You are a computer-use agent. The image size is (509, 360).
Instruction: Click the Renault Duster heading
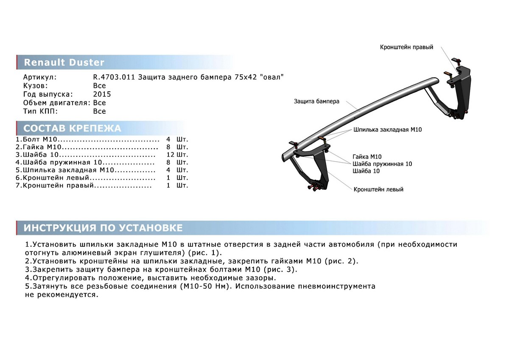[x=64, y=63]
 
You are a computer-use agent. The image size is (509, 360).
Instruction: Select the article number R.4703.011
[x=114, y=77]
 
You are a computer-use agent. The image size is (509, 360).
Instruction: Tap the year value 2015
[x=102, y=94]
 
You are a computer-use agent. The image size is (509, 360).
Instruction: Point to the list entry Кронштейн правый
[x=58, y=186]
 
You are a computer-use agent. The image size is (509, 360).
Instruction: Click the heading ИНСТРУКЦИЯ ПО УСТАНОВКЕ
[x=103, y=228]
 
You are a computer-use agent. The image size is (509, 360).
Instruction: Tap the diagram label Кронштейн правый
[x=406, y=47]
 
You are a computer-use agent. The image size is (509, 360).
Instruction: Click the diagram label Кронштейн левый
[x=378, y=189]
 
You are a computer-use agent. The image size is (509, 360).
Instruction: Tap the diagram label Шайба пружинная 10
[x=382, y=164]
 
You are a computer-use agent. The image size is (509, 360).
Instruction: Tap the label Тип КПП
[x=41, y=111]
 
